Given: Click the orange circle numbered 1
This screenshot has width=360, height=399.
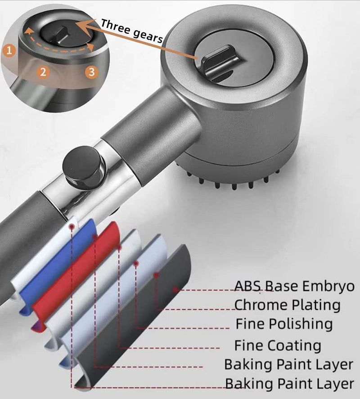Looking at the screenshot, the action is pyautogui.click(x=9, y=50).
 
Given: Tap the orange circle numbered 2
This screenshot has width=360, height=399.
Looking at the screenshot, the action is pyautogui.click(x=43, y=72).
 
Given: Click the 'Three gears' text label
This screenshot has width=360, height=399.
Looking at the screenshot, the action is pyautogui.click(x=131, y=31).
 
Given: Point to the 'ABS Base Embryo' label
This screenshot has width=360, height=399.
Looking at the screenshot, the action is pyautogui.click(x=294, y=286).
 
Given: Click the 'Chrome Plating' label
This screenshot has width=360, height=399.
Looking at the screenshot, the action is pyautogui.click(x=287, y=305).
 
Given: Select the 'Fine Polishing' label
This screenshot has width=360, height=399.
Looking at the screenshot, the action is pyautogui.click(x=284, y=324).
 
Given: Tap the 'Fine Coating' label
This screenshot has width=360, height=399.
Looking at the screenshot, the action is pyautogui.click(x=278, y=345).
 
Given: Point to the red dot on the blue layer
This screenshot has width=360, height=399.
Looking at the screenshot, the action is pyautogui.click(x=94, y=237).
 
